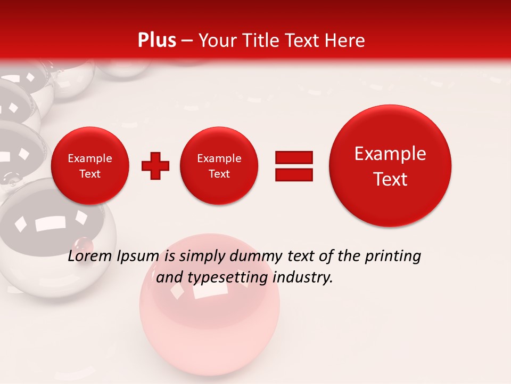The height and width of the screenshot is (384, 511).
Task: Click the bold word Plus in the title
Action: [x=156, y=41]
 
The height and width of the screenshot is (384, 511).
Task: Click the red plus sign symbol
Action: [x=155, y=166]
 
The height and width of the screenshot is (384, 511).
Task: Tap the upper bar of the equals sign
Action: [x=294, y=157]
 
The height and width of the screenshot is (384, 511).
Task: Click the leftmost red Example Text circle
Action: [x=90, y=166]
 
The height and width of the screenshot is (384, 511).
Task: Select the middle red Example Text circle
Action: [x=219, y=166]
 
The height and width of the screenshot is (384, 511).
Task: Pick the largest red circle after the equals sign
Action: [x=390, y=166]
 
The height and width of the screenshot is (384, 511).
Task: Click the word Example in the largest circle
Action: [x=390, y=154]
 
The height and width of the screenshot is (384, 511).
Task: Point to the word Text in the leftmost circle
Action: [x=90, y=174]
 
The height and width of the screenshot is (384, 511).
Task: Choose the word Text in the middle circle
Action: [x=219, y=174]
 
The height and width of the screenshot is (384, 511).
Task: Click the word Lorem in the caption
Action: [x=89, y=257]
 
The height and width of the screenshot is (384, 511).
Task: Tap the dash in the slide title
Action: [x=187, y=41]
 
